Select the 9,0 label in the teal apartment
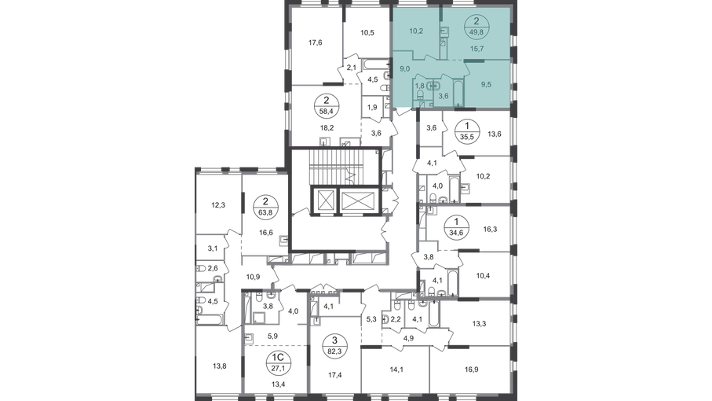[x=405, y=69]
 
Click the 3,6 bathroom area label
[x=444, y=95]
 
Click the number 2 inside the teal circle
[x=476, y=22]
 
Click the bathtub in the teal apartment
[x=462, y=93]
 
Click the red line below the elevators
[x=353, y=213]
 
